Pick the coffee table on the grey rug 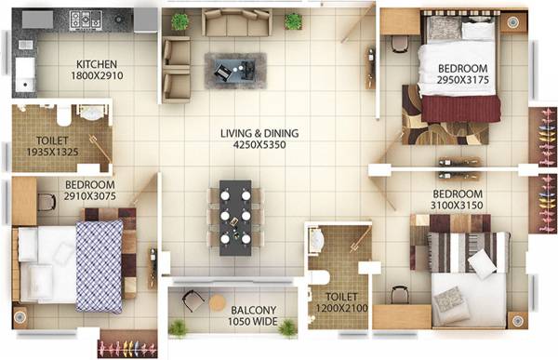tap(234, 69)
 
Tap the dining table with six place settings tap(235, 216)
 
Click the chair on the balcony tap(193, 300)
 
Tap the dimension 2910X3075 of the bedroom tap(89, 195)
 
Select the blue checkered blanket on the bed tap(100, 262)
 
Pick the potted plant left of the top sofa tap(179, 20)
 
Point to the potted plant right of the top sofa tap(293, 20)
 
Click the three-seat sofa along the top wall tap(236, 20)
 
